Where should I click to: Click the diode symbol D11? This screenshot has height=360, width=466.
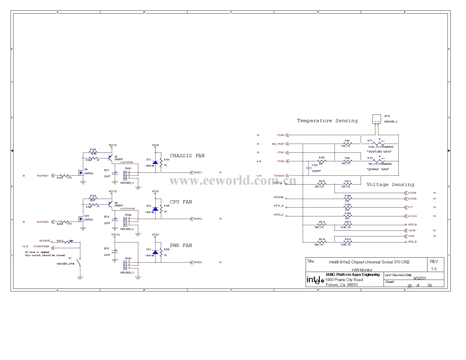coord(155,162)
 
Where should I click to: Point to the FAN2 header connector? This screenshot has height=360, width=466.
coord(125,221)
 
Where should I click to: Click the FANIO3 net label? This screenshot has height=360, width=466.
coord(198,262)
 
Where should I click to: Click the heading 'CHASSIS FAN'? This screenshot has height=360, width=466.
coord(187,156)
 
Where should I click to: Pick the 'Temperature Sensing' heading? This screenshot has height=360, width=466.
coord(327,121)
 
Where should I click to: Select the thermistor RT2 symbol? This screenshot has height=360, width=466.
coord(379,161)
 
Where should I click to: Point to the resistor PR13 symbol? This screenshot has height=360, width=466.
coord(348,225)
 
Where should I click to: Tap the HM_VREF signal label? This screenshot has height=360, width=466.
coord(278,144)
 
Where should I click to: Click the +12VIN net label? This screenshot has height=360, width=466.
coord(412,193)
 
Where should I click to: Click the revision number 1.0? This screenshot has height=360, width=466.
coord(434,269)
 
